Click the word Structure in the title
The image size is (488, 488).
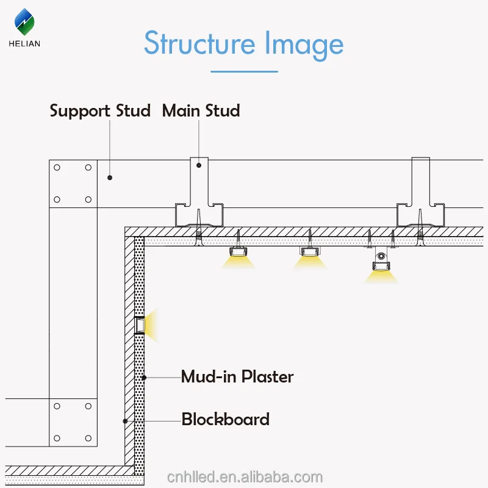(x=199, y=44)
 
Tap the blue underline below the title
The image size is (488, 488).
(x=243, y=71)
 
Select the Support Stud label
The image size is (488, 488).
(x=99, y=111)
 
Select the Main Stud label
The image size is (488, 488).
(x=201, y=111)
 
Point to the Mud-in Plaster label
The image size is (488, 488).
(x=237, y=376)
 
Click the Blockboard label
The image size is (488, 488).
(x=225, y=420)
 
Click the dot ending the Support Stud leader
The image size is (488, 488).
(x=110, y=178)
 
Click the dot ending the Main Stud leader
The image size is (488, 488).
(x=199, y=165)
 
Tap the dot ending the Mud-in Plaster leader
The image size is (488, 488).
(x=145, y=378)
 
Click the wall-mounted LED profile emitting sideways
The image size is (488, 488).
(x=140, y=325)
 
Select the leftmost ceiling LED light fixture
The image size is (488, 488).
(x=239, y=251)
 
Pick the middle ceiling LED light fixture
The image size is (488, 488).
(x=310, y=251)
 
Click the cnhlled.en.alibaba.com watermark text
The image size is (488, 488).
(x=243, y=476)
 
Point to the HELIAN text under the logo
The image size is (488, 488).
(x=24, y=43)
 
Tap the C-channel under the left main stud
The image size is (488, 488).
(x=199, y=217)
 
